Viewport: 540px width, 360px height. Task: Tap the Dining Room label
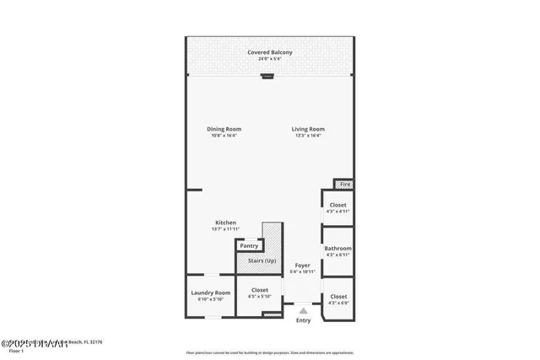coord(224,129)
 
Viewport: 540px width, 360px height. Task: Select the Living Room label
coord(308,129)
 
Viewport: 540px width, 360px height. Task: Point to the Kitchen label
coord(224,223)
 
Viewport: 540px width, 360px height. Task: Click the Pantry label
coord(249,245)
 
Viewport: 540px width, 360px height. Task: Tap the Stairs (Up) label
coord(260,261)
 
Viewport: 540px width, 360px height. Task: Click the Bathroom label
coord(337,249)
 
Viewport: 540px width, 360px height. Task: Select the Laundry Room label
coord(210,293)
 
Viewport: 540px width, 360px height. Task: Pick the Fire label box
coord(344,184)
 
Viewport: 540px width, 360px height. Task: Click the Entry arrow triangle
coord(303,311)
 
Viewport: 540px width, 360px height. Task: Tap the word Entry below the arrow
coord(303,320)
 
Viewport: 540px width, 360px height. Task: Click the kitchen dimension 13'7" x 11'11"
coord(224,229)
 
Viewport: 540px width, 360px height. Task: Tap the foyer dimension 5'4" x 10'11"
coord(302,271)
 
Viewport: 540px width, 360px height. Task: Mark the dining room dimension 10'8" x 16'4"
coord(224,135)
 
